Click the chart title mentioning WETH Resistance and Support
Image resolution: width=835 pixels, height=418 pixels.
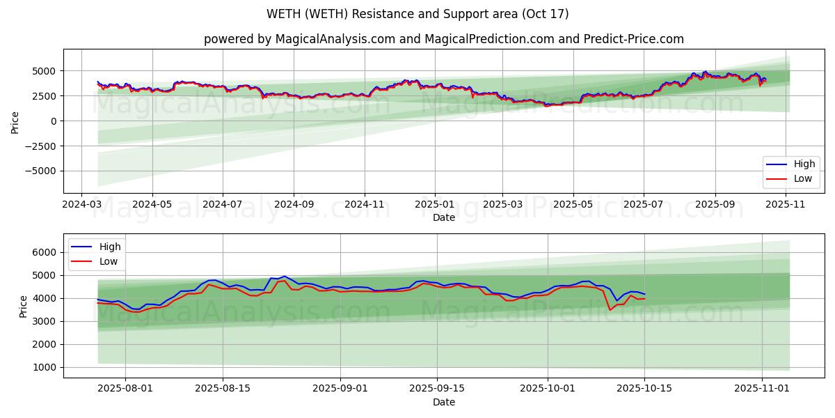coord(417,14)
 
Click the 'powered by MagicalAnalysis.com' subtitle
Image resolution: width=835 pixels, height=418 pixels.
coord(443,39)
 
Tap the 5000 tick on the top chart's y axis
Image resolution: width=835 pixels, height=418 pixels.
coord(44,71)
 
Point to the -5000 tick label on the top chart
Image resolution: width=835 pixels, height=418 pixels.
coord(40,171)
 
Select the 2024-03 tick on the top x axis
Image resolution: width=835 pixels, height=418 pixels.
coord(82,205)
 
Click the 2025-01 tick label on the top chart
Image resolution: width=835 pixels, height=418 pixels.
coord(435,205)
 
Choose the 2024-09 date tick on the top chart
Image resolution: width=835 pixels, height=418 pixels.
coord(293,205)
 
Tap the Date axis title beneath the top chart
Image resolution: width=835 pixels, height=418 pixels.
coord(443,217)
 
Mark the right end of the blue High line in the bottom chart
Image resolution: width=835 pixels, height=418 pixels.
coord(644,294)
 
